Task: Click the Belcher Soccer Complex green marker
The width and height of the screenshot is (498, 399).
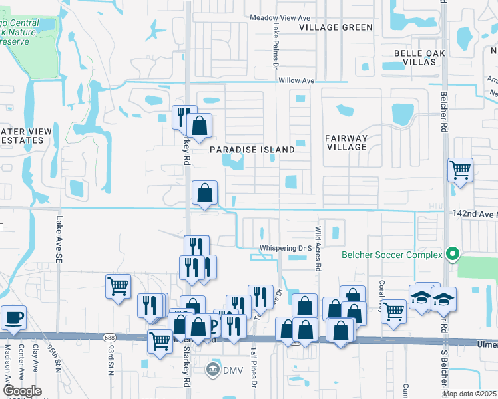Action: point(453,254)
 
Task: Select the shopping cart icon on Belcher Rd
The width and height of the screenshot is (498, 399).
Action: point(460,170)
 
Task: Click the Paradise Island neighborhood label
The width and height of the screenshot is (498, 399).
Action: point(252,150)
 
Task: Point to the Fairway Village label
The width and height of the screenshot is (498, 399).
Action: point(346,142)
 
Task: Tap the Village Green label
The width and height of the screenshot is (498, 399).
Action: point(336,27)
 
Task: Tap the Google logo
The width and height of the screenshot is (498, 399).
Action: point(21,391)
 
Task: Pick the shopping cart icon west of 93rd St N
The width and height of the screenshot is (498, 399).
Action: point(118,286)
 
